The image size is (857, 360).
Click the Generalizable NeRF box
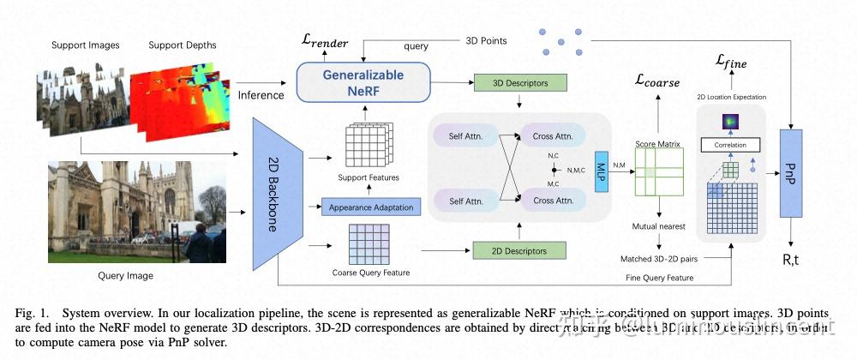[363, 83]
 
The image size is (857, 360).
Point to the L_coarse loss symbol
[657, 81]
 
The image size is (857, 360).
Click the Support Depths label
[183, 45]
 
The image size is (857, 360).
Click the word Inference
[261, 94]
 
